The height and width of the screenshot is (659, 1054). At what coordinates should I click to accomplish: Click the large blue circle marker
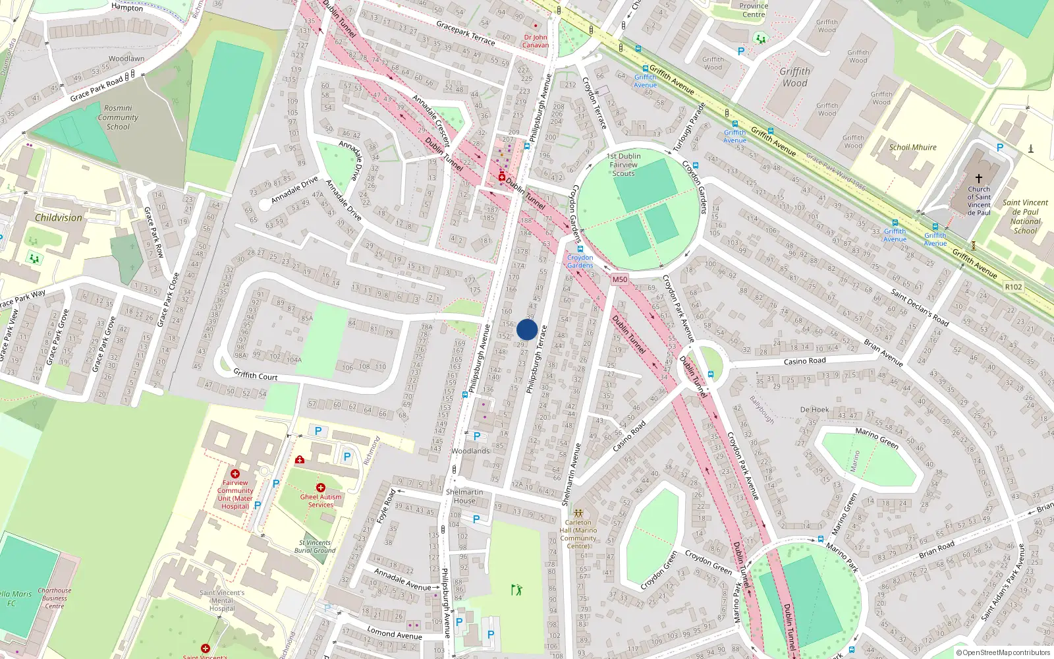[527, 329]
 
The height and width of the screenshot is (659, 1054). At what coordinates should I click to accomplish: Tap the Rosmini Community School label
[118, 117]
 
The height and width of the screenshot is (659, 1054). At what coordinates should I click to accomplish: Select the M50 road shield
[619, 279]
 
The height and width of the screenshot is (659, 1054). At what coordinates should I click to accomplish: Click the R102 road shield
[1013, 287]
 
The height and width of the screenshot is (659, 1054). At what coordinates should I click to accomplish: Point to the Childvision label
[59, 217]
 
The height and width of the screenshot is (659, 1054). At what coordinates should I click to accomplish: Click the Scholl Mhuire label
[912, 148]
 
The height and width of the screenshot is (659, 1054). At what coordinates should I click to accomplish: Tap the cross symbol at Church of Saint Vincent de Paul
[979, 179]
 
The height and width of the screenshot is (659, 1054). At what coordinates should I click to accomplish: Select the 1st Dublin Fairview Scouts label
[623, 165]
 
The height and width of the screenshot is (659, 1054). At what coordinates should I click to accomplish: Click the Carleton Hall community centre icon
[578, 513]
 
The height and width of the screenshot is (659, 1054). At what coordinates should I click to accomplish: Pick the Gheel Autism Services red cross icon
[321, 488]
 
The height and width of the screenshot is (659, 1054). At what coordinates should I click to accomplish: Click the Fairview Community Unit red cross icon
[235, 474]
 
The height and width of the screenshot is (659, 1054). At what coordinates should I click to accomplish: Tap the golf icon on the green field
[516, 589]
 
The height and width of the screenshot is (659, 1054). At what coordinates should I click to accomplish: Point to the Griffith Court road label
[256, 375]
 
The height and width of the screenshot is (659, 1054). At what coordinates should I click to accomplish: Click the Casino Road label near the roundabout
[804, 361]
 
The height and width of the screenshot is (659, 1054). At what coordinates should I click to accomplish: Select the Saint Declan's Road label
[920, 308]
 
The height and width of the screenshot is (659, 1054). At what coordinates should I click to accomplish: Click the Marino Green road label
[877, 439]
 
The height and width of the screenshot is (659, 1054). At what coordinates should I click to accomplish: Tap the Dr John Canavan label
[536, 42]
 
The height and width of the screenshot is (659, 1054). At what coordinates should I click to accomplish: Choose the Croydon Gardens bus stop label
[580, 262]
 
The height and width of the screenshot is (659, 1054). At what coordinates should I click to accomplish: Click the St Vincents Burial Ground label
[315, 546]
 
